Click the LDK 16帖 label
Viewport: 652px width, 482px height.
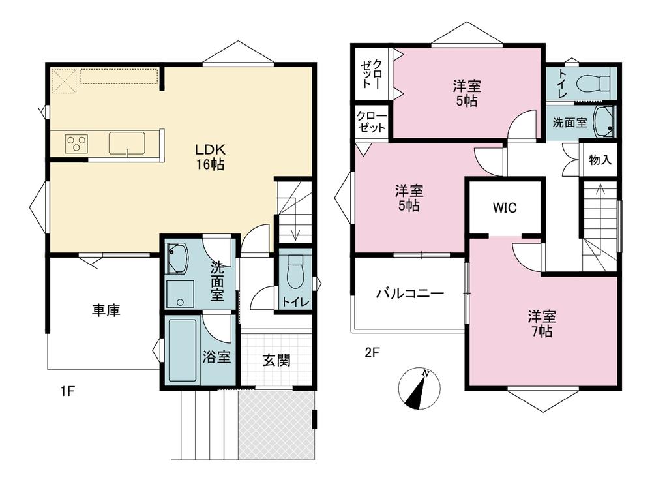click(211, 157)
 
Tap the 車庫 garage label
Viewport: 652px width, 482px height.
click(106, 310)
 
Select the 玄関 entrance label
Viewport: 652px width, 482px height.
click(276, 360)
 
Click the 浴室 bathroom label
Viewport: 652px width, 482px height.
click(216, 357)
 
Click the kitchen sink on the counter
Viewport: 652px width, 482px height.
click(127, 143)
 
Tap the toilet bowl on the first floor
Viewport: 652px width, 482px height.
click(295, 271)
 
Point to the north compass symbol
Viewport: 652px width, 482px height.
click(419, 389)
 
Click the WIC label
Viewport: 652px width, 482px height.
click(505, 207)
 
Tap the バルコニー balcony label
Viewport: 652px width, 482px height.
click(410, 294)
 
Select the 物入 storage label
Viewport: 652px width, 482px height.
click(600, 159)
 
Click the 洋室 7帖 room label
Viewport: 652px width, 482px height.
click(542, 324)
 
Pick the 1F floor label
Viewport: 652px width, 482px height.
click(67, 391)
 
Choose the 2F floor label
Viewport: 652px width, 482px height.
click(372, 353)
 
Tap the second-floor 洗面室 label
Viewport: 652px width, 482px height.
click(570, 122)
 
